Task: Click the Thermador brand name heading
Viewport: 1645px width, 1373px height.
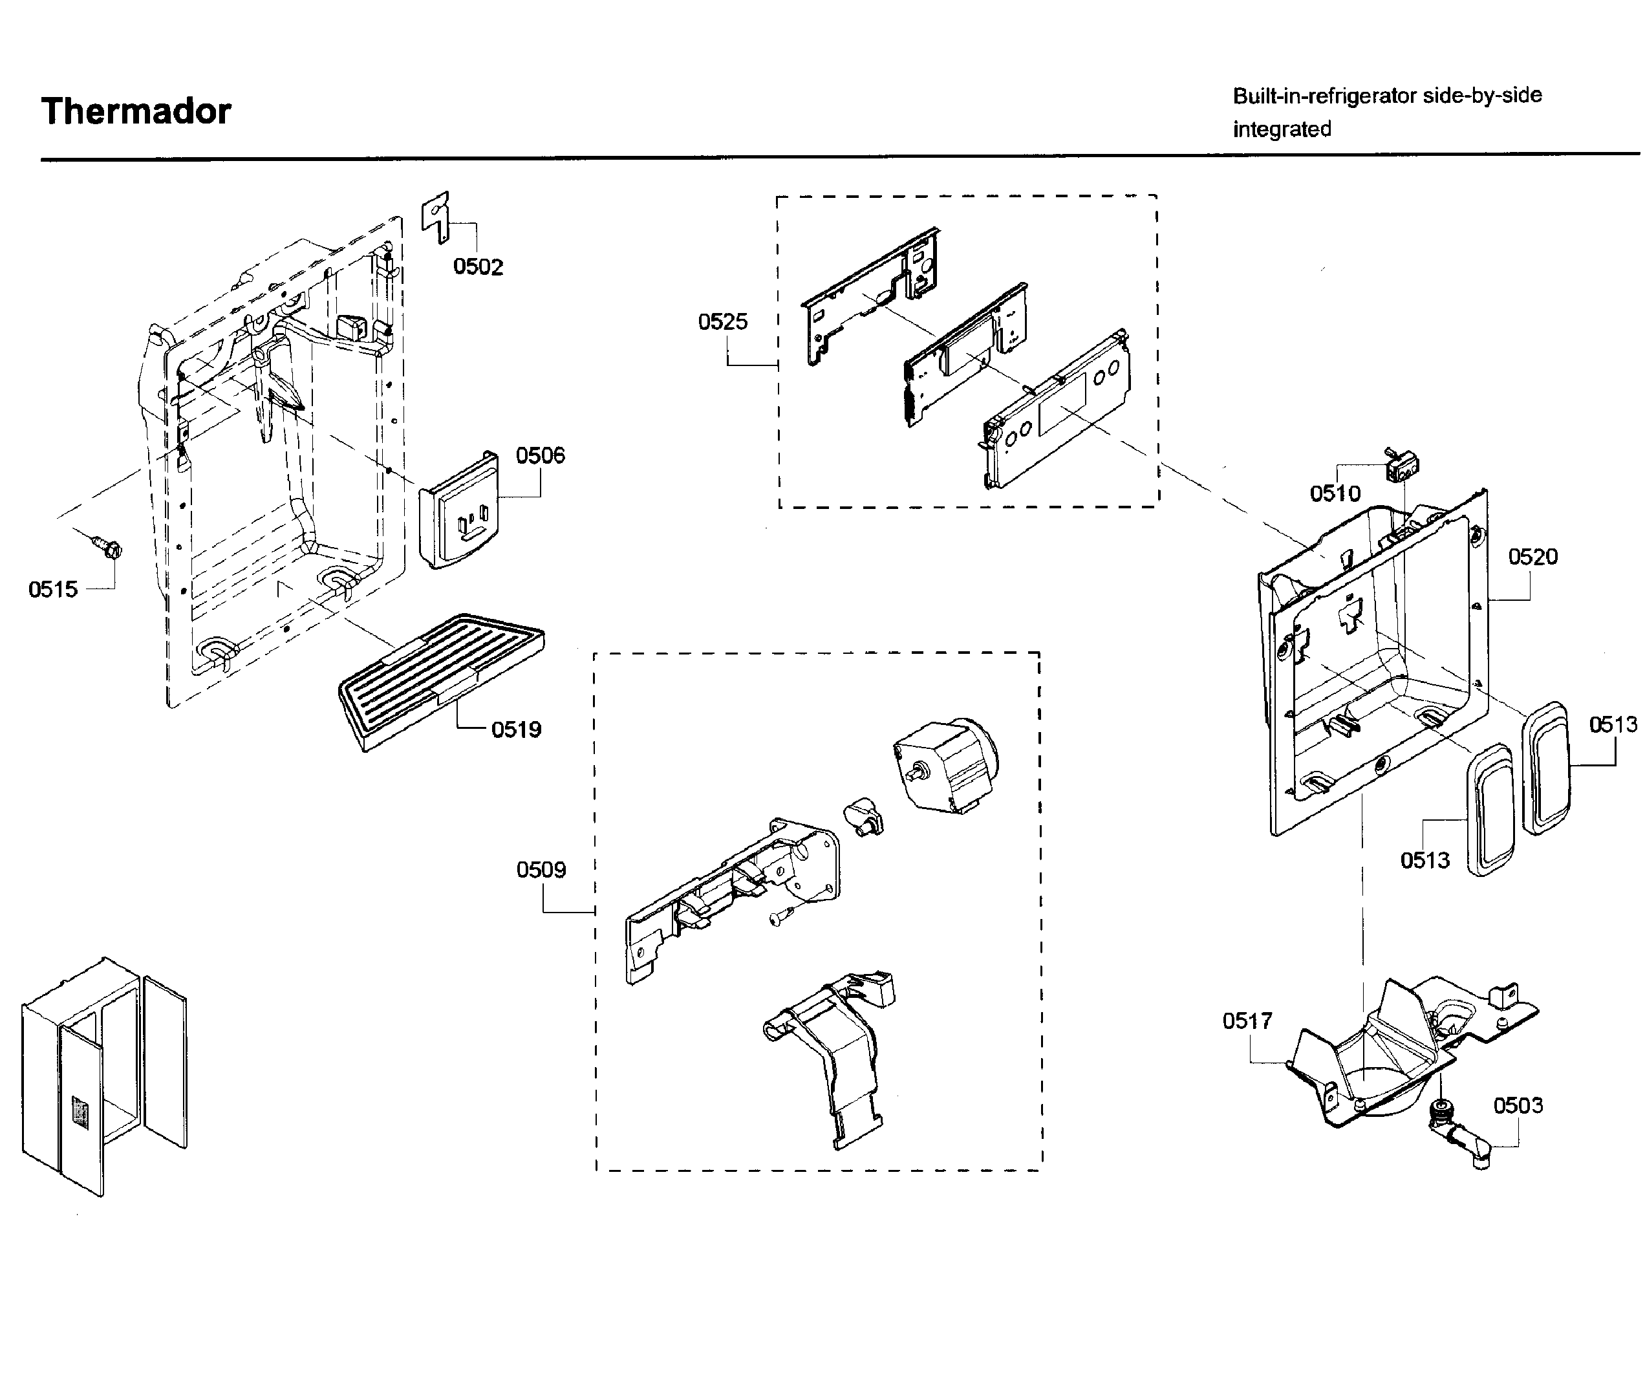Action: [x=136, y=111]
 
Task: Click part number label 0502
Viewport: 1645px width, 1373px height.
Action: [x=478, y=266]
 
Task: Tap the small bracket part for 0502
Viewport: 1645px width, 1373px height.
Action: [x=436, y=216]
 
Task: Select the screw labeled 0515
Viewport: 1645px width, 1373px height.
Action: [x=108, y=546]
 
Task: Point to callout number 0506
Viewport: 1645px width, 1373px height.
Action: [x=540, y=455]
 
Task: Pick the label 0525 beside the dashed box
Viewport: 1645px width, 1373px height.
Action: [x=722, y=321]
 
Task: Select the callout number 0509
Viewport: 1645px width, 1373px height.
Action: [x=541, y=869]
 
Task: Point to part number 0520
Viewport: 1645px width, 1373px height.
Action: [x=1532, y=557]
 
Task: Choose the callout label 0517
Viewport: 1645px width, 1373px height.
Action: [x=1247, y=1021]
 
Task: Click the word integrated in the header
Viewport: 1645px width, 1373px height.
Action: [x=1282, y=129]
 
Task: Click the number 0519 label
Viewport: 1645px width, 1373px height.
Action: [x=515, y=730]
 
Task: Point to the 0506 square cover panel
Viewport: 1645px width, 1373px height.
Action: [x=460, y=514]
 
